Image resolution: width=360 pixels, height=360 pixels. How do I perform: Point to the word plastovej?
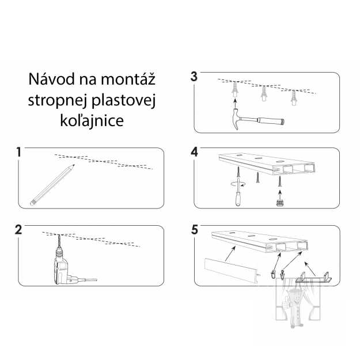tap(125, 100)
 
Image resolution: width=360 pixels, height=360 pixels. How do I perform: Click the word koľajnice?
tap(92, 122)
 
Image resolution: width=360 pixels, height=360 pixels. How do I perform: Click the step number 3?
tap(194, 77)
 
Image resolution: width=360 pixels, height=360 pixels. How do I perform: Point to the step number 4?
tap(194, 152)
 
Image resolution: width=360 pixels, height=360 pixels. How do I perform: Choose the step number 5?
tap(194, 230)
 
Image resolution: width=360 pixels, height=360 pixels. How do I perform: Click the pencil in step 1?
tap(52, 184)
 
